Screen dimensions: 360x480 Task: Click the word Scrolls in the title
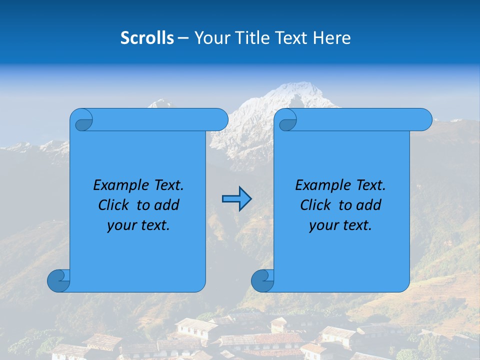(147, 37)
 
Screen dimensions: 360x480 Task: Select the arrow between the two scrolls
(236, 199)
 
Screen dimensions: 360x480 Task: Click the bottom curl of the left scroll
(58, 281)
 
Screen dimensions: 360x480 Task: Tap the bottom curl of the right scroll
(262, 281)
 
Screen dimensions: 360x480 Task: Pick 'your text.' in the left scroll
(138, 225)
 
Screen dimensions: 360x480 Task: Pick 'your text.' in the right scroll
(340, 225)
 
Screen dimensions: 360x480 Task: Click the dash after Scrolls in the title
(183, 38)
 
